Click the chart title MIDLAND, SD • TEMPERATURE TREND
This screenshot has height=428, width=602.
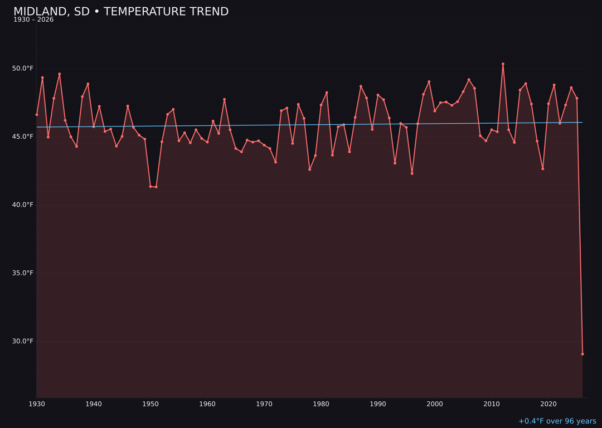pos(121,12)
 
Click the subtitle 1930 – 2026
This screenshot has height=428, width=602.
pos(33,20)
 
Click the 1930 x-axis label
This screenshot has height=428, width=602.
pos(37,404)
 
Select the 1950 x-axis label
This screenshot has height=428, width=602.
pos(151,404)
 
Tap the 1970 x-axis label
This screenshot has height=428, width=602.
pos(264,404)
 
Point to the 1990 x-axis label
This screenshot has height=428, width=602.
pos(378,404)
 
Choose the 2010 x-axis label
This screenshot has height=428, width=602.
pos(492,404)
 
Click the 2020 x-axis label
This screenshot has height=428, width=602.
pos(548,404)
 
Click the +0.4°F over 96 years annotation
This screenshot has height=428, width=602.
pos(557,421)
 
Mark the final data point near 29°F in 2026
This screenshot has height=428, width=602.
pos(582,354)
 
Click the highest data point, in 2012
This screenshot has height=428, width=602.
pos(503,64)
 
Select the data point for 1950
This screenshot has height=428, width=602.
pos(151,186)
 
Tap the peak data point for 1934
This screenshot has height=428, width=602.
pos(60,74)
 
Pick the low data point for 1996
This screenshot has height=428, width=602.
pos(412,173)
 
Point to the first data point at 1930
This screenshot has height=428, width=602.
pos(37,115)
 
